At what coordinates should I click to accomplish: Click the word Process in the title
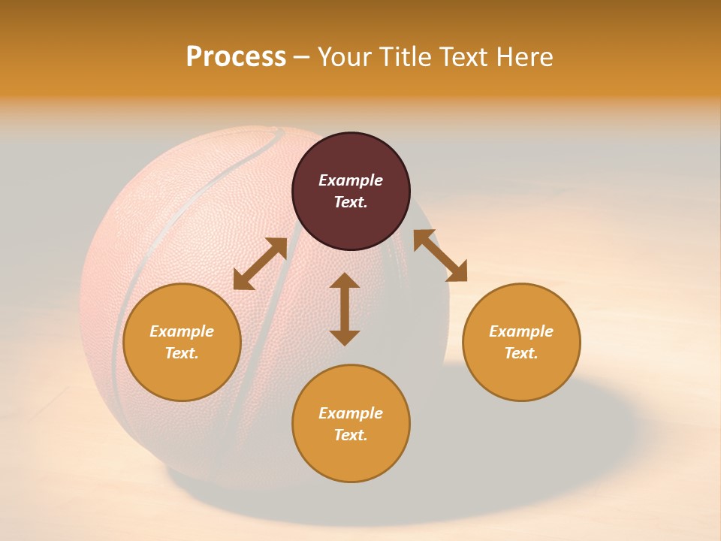click(x=236, y=57)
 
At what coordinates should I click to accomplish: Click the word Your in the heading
click(x=345, y=57)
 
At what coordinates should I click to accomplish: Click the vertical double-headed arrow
click(x=345, y=309)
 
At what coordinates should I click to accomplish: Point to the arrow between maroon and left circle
click(x=260, y=264)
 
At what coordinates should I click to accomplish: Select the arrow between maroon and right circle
click(x=440, y=255)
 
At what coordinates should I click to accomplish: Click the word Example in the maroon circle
click(x=351, y=180)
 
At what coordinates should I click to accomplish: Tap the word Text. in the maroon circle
click(x=351, y=202)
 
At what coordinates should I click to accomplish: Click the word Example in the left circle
click(x=182, y=331)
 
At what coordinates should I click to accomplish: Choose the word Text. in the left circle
click(x=182, y=353)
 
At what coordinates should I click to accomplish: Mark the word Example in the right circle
click(x=521, y=331)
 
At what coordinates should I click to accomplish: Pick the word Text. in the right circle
click(x=521, y=353)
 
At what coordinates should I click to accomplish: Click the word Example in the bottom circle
click(x=351, y=413)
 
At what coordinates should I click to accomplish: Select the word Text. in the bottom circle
click(x=351, y=435)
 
